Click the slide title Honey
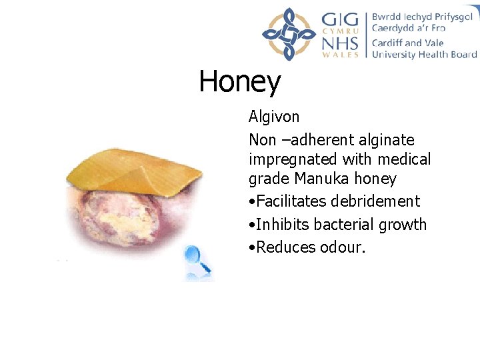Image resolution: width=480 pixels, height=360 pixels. (x=240, y=83)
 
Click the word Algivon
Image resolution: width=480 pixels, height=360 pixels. (x=274, y=117)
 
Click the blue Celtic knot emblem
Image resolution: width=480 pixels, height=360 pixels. (x=288, y=34)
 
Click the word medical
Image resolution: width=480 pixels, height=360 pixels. (x=405, y=160)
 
